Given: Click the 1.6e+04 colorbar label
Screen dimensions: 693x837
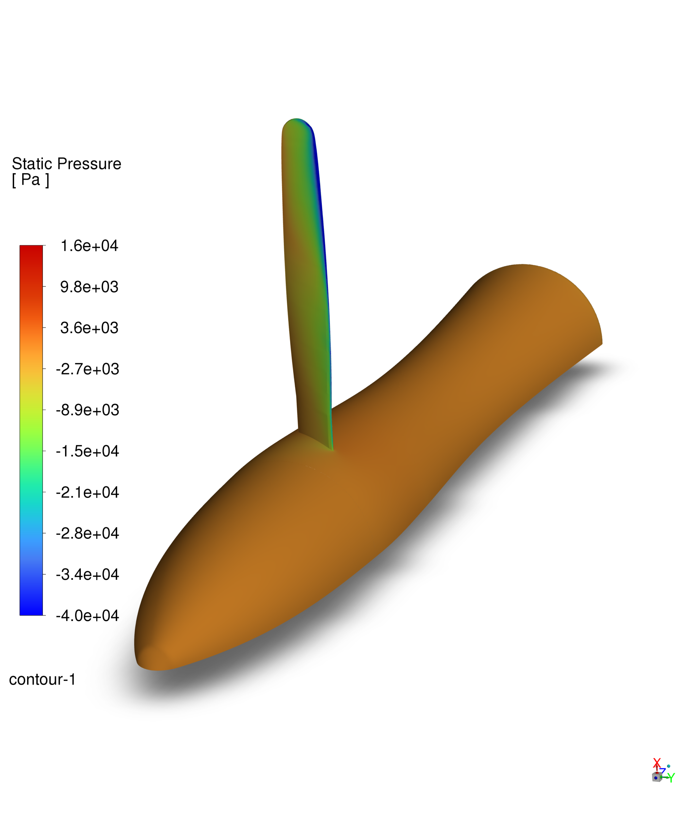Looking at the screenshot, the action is coord(89,246).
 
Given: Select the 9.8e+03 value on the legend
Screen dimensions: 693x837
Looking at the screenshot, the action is coord(89,287).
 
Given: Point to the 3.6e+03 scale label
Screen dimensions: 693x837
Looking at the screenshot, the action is coord(89,328).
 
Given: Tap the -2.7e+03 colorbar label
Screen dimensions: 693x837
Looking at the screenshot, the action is coord(87,369).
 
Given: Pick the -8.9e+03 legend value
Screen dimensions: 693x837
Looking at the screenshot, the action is coord(87,410).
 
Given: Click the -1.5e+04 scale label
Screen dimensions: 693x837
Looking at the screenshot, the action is coord(87,451).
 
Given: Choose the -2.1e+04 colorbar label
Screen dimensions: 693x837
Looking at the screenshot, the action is coord(87,493).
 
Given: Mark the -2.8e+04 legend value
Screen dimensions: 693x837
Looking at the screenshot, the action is coord(87,533).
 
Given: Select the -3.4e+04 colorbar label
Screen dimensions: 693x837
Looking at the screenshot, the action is coord(87,575).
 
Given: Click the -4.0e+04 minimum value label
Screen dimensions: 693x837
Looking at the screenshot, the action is coord(87,616).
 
